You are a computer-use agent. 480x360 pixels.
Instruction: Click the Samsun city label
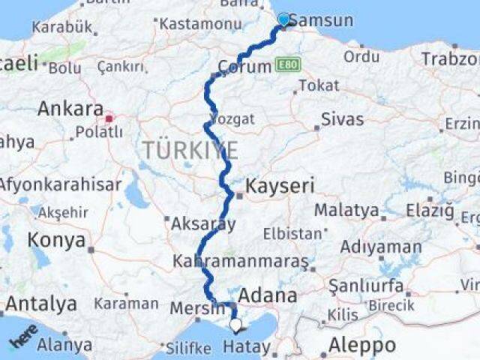click(320, 20)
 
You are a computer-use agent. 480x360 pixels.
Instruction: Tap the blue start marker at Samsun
click(283, 19)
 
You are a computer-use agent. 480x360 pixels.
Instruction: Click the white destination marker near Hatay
click(236, 325)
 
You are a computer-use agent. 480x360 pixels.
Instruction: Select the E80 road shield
click(289, 65)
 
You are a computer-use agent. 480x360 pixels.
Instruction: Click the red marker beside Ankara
click(109, 118)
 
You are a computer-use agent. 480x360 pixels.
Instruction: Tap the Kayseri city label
click(282, 186)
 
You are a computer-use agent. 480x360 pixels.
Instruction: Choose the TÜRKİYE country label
click(190, 150)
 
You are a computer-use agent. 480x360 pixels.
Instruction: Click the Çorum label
click(244, 67)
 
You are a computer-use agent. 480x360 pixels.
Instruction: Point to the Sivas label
click(342, 118)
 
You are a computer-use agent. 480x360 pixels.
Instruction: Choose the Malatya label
click(346, 210)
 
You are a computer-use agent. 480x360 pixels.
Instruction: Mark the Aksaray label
click(203, 223)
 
